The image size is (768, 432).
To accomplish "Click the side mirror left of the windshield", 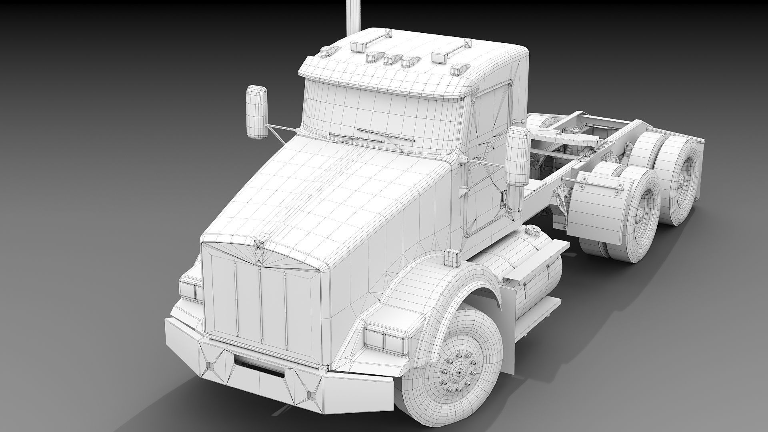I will point(256,112).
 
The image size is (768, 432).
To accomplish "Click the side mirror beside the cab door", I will point(517,157).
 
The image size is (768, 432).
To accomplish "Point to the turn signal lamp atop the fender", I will point(452,257).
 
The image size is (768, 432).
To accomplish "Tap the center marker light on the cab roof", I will point(388,60).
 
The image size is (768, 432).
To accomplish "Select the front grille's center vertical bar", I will point(260,304).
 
